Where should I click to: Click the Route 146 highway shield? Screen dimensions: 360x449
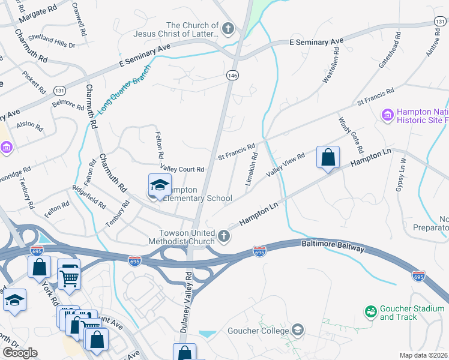232,74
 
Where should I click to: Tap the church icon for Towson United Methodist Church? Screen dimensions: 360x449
223,236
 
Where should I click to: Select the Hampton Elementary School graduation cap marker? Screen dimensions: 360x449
160,185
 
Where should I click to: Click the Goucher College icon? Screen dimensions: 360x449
297,330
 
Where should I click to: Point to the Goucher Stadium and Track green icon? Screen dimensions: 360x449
371,311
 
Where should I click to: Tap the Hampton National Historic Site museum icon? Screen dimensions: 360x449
387,114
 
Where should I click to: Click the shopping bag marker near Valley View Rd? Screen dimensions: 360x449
328,158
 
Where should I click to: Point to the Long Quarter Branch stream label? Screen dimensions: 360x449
125,89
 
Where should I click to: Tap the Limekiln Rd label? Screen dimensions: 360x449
253,169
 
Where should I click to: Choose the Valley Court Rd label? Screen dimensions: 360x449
182,169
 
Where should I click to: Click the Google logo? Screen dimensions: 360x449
20,353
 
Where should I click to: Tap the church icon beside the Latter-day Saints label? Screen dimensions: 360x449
228,28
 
